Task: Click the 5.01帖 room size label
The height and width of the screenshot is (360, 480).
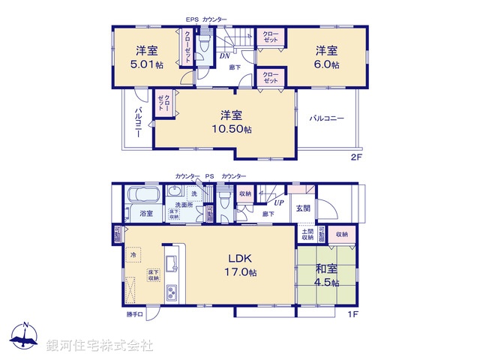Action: (147, 64)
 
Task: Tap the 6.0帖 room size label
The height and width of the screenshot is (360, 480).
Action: (326, 64)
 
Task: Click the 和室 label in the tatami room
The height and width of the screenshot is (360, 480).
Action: (325, 268)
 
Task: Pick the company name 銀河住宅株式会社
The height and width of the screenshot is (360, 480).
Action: (100, 345)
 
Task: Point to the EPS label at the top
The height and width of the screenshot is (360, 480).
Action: (193, 19)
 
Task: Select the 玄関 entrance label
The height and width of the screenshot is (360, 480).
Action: (302, 208)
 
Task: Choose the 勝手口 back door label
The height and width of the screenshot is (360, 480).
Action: (135, 315)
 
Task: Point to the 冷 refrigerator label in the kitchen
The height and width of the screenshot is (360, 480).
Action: (133, 256)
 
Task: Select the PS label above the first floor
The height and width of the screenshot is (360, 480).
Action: (211, 175)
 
